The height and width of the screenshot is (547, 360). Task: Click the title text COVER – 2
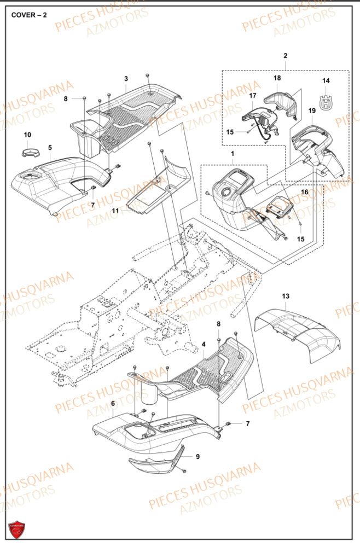coord(29,15)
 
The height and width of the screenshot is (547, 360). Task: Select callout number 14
coord(326,80)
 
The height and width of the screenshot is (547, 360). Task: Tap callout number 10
coord(27,135)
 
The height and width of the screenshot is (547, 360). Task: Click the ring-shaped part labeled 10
coord(30,153)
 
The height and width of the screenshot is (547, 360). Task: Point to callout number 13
coord(286,296)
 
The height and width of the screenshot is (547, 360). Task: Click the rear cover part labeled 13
coord(297,334)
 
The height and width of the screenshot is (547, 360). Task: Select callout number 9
coord(198,457)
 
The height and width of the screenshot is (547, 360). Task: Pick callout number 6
coord(113,404)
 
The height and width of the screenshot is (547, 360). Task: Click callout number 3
coord(126,79)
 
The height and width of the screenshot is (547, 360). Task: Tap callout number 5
coord(50,148)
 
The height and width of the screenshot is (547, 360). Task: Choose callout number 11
coord(115,211)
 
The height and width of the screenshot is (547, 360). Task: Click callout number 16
coord(305,192)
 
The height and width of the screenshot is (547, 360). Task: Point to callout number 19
coord(312,110)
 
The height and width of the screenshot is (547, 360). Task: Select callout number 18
coord(277,78)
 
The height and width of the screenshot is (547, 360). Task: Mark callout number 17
coord(253,95)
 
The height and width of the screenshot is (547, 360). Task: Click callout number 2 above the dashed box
coord(286,56)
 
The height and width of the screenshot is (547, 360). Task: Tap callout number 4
coord(204,344)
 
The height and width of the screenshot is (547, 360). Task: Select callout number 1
coord(233,154)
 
